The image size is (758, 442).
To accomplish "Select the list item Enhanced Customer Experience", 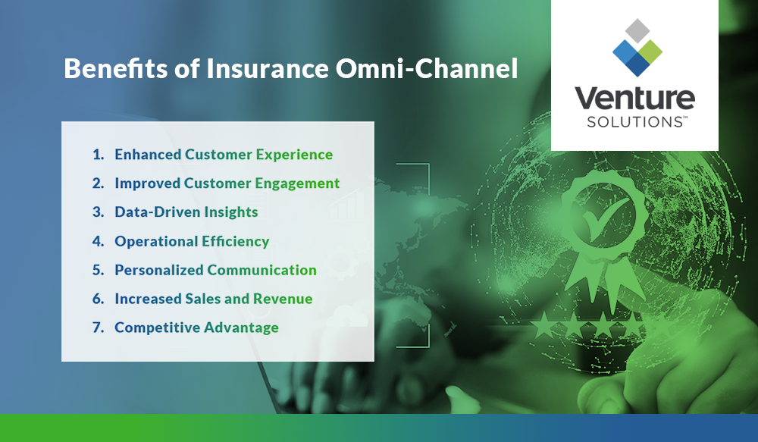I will pyautogui.click(x=224, y=155).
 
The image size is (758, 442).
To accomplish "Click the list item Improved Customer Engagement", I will pyautogui.click(x=227, y=183).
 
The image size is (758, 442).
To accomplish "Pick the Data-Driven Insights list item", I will pyautogui.click(x=186, y=212).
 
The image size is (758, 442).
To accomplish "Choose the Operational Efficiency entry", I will pyautogui.click(x=192, y=241).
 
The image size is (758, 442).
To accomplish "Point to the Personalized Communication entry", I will pyautogui.click(x=215, y=270).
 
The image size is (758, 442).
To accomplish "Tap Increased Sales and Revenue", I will pyautogui.click(x=213, y=299).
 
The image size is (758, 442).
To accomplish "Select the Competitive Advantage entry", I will pyautogui.click(x=196, y=328).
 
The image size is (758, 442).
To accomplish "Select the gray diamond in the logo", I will pyautogui.click(x=635, y=31).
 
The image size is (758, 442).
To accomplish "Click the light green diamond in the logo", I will pyautogui.click(x=650, y=50).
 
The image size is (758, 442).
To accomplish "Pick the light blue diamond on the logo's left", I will pyautogui.click(x=622, y=50).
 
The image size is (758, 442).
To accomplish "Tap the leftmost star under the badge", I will pyautogui.click(x=542, y=327).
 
